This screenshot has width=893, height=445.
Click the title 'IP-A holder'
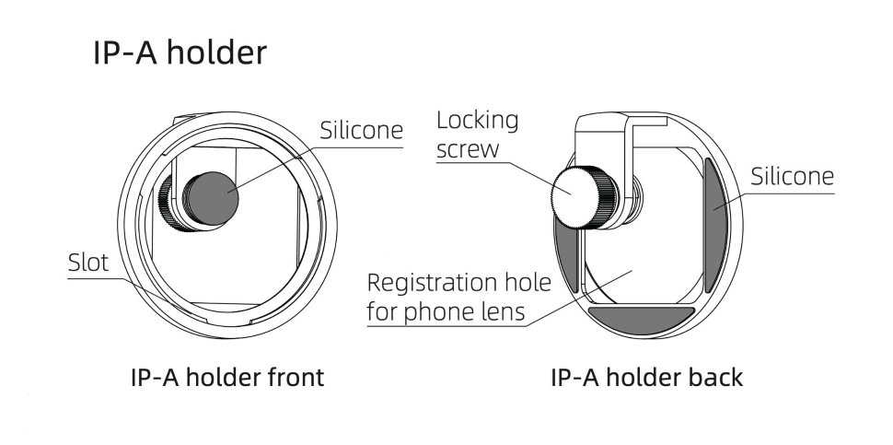click(180, 53)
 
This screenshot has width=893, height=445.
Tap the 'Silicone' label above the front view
click(361, 131)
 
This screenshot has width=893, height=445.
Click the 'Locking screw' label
click(477, 134)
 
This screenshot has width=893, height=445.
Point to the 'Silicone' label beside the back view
click(793, 176)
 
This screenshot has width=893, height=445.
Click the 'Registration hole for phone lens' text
click(446, 296)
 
